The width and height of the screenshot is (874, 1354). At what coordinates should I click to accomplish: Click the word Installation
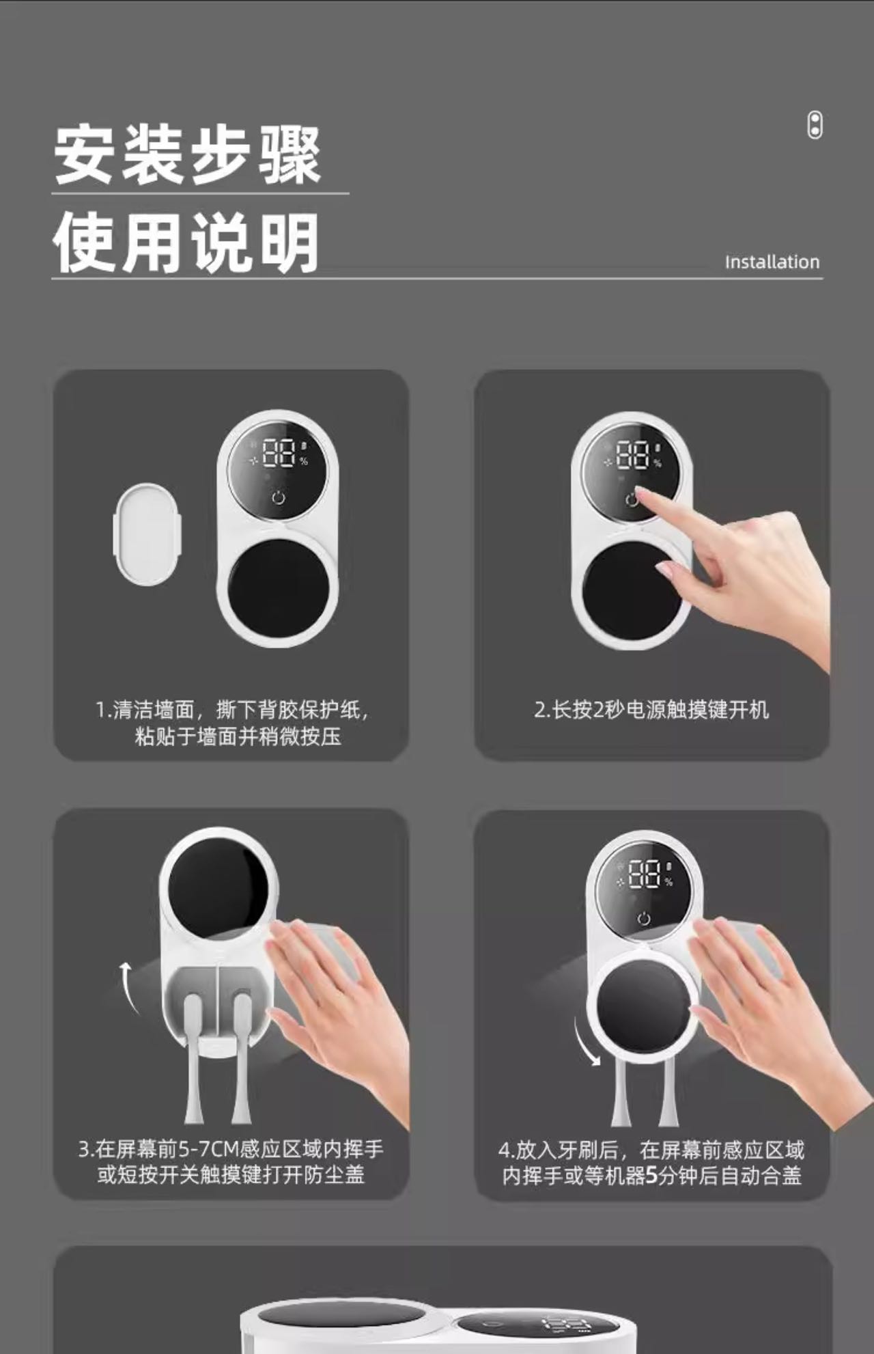(772, 262)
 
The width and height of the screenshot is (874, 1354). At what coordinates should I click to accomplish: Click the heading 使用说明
(186, 243)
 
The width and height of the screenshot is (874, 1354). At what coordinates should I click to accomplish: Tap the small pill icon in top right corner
(815, 125)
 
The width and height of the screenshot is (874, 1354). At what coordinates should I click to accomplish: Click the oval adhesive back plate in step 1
(147, 534)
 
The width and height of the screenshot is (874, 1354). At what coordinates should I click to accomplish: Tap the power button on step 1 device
(279, 497)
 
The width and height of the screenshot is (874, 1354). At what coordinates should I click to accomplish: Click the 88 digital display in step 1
(279, 453)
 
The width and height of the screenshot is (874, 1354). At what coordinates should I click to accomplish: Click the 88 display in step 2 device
(632, 454)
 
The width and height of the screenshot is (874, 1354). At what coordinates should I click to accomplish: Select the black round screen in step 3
(218, 887)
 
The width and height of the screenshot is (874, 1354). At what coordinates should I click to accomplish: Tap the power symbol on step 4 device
(644, 919)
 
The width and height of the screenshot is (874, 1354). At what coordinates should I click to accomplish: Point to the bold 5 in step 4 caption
(651, 1176)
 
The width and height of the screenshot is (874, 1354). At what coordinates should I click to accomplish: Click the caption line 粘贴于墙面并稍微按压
(238, 736)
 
